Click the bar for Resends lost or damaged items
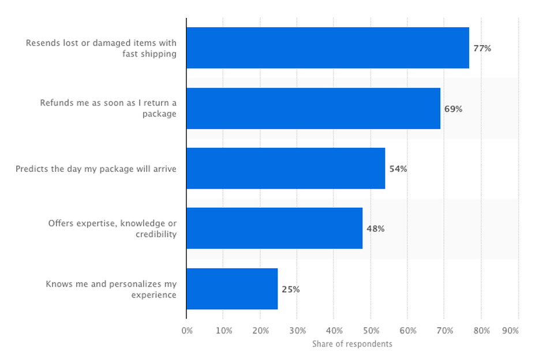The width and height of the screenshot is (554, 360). (x=327, y=48)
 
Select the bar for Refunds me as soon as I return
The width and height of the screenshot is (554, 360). (x=313, y=108)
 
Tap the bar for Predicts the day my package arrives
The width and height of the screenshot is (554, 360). (x=286, y=168)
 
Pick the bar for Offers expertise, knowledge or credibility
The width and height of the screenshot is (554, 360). (x=274, y=228)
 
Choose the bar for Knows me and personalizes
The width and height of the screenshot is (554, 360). (x=232, y=289)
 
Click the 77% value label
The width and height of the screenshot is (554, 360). (x=482, y=48)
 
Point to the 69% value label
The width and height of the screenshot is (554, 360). (x=453, y=108)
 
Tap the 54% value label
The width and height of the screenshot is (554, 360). (x=398, y=169)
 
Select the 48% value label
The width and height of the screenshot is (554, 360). (x=375, y=229)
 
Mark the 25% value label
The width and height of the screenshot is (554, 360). (x=290, y=289)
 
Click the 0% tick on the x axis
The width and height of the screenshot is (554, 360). (x=187, y=331)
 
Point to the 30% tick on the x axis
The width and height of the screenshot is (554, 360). (x=297, y=331)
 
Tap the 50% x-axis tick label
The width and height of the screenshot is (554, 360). (x=371, y=331)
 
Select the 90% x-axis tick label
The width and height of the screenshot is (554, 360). (x=511, y=331)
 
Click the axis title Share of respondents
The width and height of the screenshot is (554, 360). (x=352, y=344)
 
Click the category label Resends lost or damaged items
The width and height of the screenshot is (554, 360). (x=101, y=48)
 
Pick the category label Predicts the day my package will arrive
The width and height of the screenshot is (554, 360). (x=96, y=169)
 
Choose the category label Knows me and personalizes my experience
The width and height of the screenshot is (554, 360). (x=111, y=289)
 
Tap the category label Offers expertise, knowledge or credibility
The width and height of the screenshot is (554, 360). (x=113, y=229)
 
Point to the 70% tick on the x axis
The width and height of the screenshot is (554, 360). (x=444, y=331)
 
